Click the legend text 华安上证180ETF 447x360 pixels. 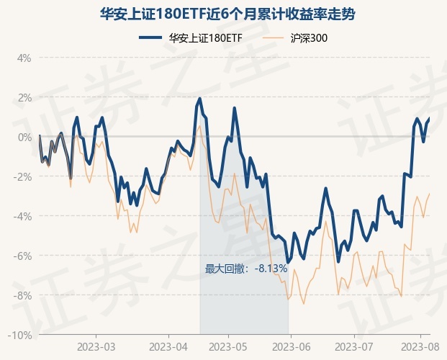[x=205, y=38]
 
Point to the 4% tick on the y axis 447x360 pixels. [x=24, y=58]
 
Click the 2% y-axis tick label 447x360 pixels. [x=24, y=97]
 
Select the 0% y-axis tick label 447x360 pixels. [x=24, y=137]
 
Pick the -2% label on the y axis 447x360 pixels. [x=22, y=176]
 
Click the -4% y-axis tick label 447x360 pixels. [x=22, y=216]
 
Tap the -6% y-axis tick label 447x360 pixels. [x=22, y=256]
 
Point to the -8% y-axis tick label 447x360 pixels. [x=22, y=295]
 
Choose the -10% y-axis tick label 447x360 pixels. [x=20, y=335]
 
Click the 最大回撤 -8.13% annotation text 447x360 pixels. [x=246, y=269]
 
